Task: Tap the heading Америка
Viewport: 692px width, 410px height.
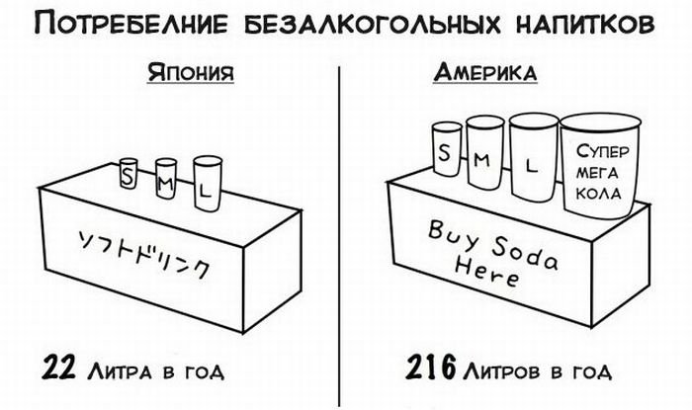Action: (x=486, y=74)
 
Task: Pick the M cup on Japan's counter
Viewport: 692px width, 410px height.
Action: (x=165, y=179)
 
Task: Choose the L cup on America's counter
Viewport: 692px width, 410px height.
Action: (x=533, y=158)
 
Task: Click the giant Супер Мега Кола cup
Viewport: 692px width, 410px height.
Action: (x=598, y=168)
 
